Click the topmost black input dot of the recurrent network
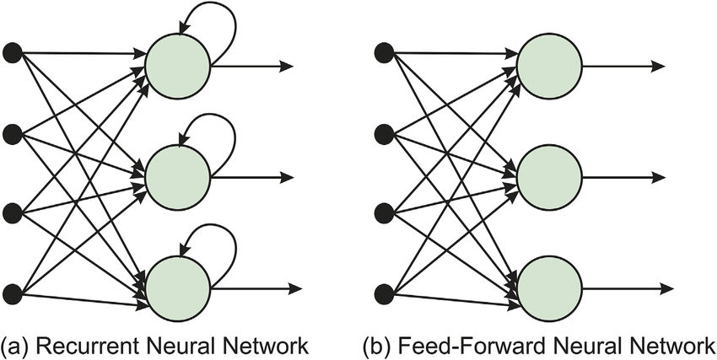tap(13, 53)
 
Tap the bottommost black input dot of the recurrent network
tap(13, 293)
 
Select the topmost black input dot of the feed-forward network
tap(384, 53)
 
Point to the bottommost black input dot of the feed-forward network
tap(384, 293)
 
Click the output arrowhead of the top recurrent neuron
tap(286, 65)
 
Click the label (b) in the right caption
tap(377, 346)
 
